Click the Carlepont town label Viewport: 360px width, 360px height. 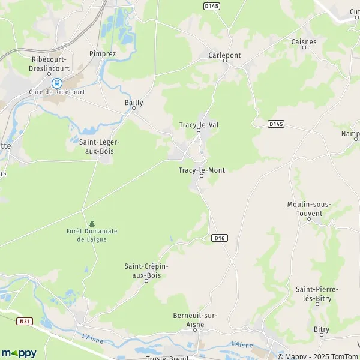click(224, 55)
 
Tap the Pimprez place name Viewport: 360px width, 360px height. click(102, 53)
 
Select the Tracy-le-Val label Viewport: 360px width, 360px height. click(199, 125)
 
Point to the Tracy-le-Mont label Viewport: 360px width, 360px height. click(202, 170)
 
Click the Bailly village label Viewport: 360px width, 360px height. click(133, 103)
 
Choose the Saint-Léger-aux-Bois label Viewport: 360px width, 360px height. click(100, 146)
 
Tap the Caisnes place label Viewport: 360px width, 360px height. click(303, 42)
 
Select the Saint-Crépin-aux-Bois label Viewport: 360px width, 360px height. click(146, 270)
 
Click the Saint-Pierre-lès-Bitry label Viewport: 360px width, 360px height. click(317, 293)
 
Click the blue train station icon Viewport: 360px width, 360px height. click(56, 83)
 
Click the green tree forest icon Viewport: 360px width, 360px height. click(92, 223)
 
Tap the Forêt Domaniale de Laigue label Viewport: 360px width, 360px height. click(92, 235)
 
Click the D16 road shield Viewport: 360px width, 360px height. click(220, 238)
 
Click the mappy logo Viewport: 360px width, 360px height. click(19, 353)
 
